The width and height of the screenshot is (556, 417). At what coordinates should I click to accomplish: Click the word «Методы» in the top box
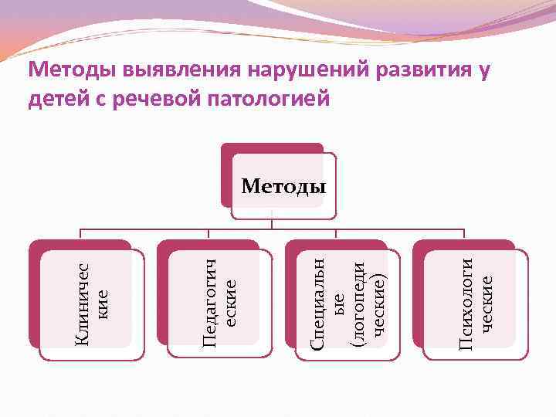click(x=283, y=186)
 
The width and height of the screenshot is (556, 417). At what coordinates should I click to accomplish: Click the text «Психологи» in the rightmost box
click(x=466, y=302)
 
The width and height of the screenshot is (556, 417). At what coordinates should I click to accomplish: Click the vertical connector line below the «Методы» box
click(x=272, y=219)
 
